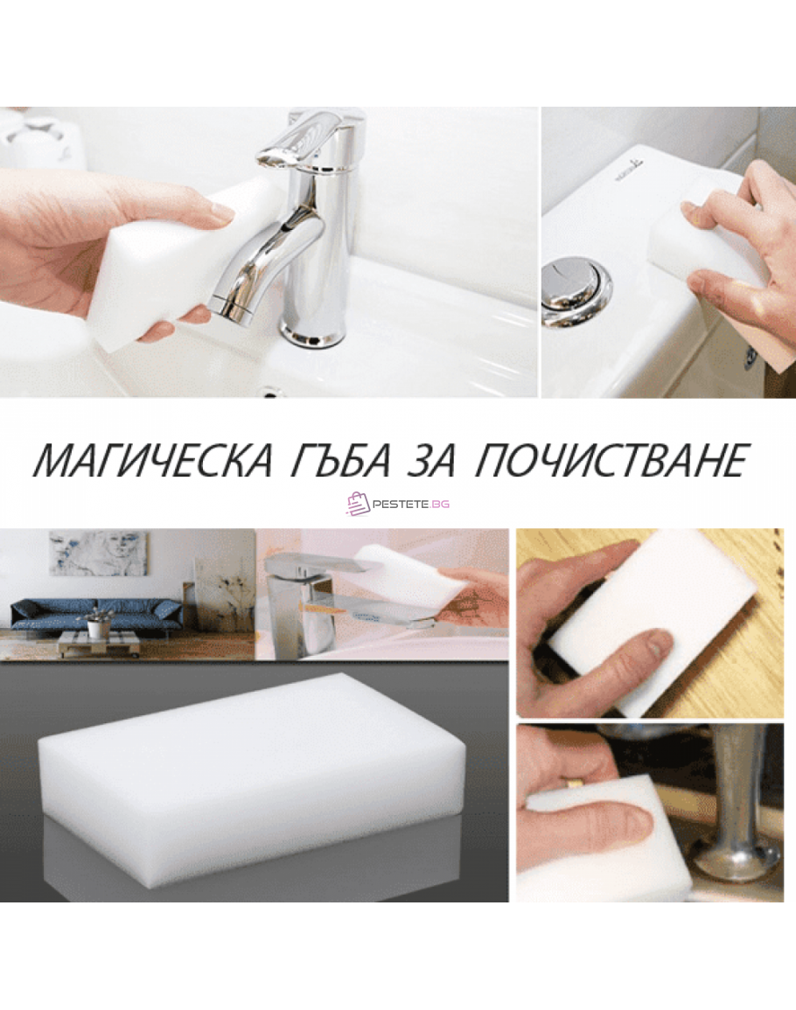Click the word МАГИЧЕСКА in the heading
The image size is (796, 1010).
coord(152,460)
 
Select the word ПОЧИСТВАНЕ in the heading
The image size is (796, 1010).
coord(610,461)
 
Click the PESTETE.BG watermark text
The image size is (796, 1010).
coord(411,505)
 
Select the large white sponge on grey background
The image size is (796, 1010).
coord(252,761)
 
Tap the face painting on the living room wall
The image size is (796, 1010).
coord(98,554)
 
